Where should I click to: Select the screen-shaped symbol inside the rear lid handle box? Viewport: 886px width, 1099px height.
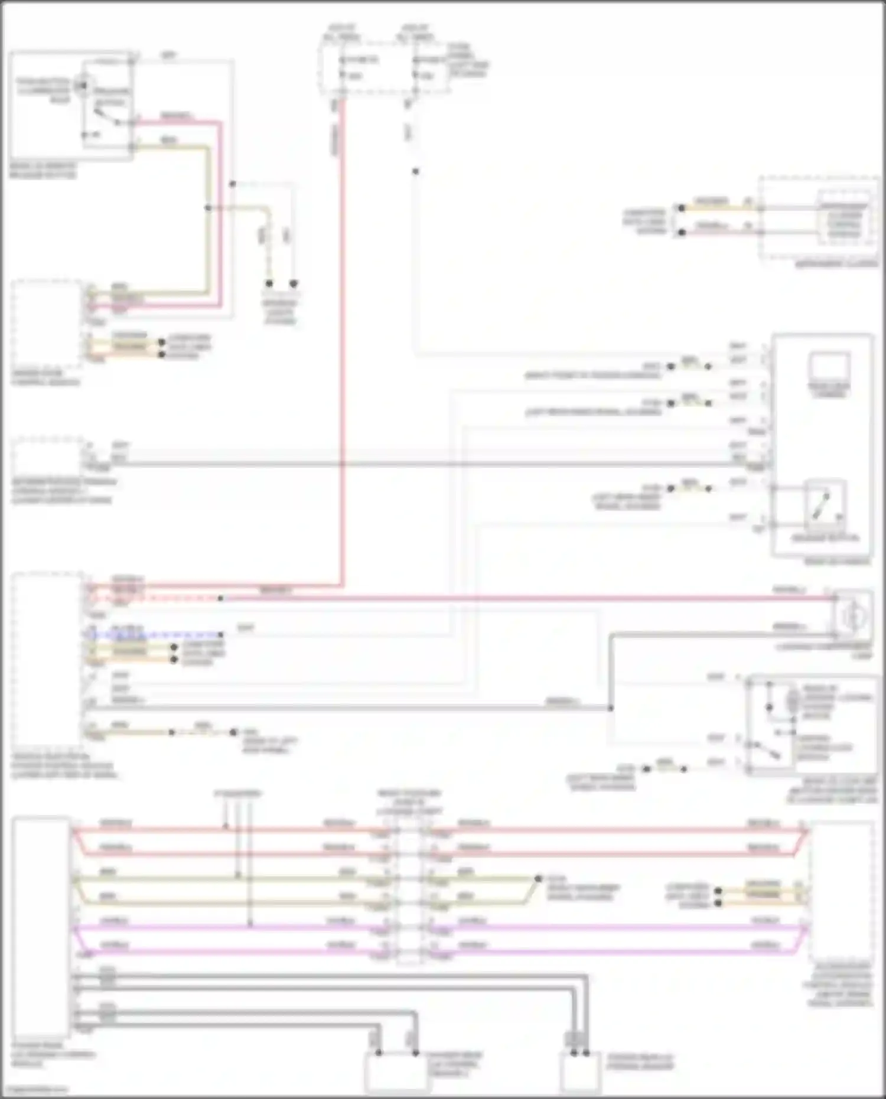pos(829,366)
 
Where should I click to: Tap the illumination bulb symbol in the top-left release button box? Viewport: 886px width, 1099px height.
pos(82,87)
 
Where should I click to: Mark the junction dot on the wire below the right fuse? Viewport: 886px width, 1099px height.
pos(415,171)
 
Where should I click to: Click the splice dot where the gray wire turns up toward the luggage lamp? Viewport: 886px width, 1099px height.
pos(610,707)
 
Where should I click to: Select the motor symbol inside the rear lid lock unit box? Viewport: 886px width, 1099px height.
pos(791,702)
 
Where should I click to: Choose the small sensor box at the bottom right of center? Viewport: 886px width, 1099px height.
pos(580,1070)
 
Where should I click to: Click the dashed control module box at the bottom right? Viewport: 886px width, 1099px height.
pos(842,892)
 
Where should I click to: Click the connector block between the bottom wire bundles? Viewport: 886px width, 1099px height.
pos(409,892)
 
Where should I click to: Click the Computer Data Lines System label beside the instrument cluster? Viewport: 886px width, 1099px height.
pos(645,221)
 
